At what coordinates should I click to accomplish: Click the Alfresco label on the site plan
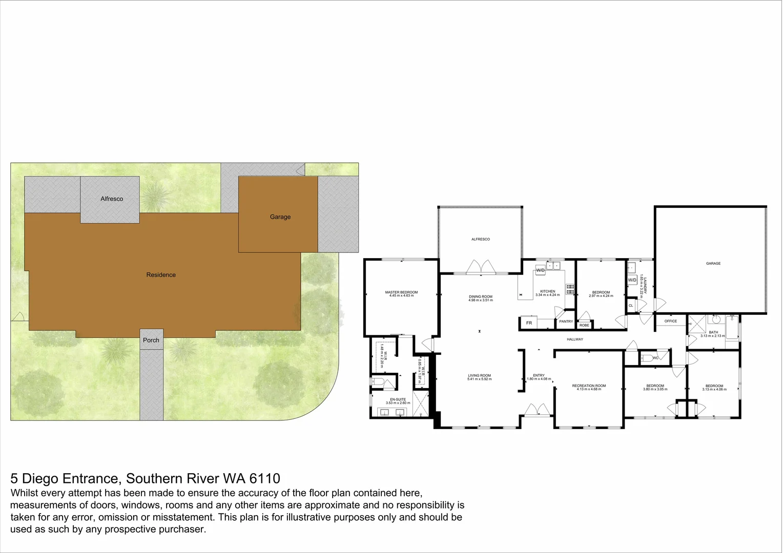(x=112, y=199)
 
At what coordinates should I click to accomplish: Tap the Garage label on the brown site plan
(x=280, y=217)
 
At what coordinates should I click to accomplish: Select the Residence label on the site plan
(x=161, y=275)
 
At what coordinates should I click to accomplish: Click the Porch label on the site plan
(x=151, y=340)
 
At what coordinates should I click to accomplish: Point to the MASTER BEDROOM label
(x=401, y=292)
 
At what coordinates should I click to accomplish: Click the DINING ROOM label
(x=481, y=296)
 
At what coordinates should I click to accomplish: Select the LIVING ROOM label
(x=479, y=376)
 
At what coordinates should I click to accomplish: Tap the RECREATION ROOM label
(x=589, y=386)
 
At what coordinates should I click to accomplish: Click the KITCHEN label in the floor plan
(x=547, y=291)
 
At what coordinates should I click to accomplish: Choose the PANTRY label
(x=566, y=322)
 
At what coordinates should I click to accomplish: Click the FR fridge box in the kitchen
(x=529, y=323)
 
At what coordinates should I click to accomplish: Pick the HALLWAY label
(x=575, y=339)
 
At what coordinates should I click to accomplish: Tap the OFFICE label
(x=670, y=321)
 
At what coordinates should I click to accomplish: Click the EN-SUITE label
(x=398, y=399)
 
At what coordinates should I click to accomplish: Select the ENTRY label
(x=539, y=375)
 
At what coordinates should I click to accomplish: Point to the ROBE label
(x=584, y=325)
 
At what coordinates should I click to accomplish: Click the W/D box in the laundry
(x=632, y=280)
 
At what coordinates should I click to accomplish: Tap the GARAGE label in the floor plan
(x=713, y=263)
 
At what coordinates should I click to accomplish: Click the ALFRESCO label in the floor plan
(x=481, y=239)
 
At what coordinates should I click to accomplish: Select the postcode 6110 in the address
(x=264, y=479)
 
